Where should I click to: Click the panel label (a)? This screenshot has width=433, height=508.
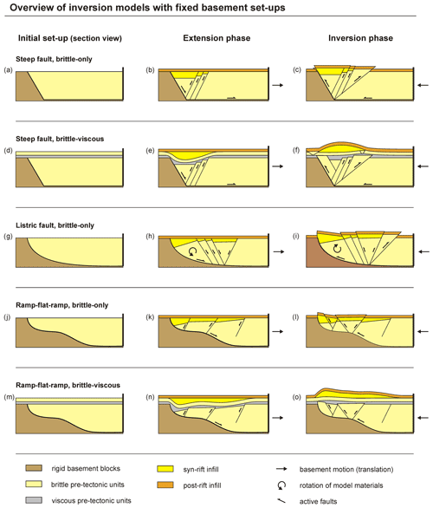coord(8,70)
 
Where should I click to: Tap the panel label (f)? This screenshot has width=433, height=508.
coord(296,150)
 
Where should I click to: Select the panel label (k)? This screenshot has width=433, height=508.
coord(150,317)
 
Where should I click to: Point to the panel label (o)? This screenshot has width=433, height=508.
coord(297,397)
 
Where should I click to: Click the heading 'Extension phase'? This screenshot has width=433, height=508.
coord(216,38)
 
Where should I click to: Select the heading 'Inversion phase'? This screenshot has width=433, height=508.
coord(360,38)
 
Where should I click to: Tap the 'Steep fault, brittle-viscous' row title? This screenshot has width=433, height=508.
coord(60,139)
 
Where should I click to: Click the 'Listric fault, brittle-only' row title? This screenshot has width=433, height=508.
coord(55,225)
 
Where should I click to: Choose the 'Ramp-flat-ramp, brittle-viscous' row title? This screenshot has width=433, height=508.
coord(68,385)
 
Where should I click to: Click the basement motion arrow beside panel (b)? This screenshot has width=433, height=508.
coord(278,85)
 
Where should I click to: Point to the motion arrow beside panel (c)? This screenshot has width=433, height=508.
coord(423,85)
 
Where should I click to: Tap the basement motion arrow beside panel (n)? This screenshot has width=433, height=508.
coord(278,418)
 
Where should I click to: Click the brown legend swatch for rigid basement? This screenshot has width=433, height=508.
coord(34,468)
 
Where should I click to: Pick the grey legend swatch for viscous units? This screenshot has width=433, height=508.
coord(34,500)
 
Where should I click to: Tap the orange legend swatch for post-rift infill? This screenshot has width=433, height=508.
coord(165,485)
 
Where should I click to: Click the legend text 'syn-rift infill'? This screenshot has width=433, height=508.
coord(201,469)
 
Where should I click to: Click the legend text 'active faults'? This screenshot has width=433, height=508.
coord(318,502)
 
